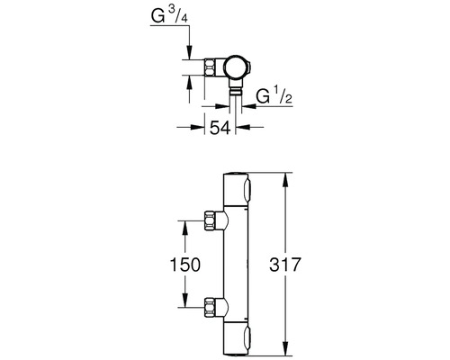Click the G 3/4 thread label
(x=169, y=16)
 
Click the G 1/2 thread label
(x=274, y=95)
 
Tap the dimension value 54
(x=220, y=128)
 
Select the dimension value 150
(x=184, y=265)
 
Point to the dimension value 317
(x=284, y=265)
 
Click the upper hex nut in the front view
(x=211, y=220)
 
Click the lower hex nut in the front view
(x=211, y=307)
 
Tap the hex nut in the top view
(x=211, y=67)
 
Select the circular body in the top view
(x=237, y=67)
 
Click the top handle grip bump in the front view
(x=248, y=190)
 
